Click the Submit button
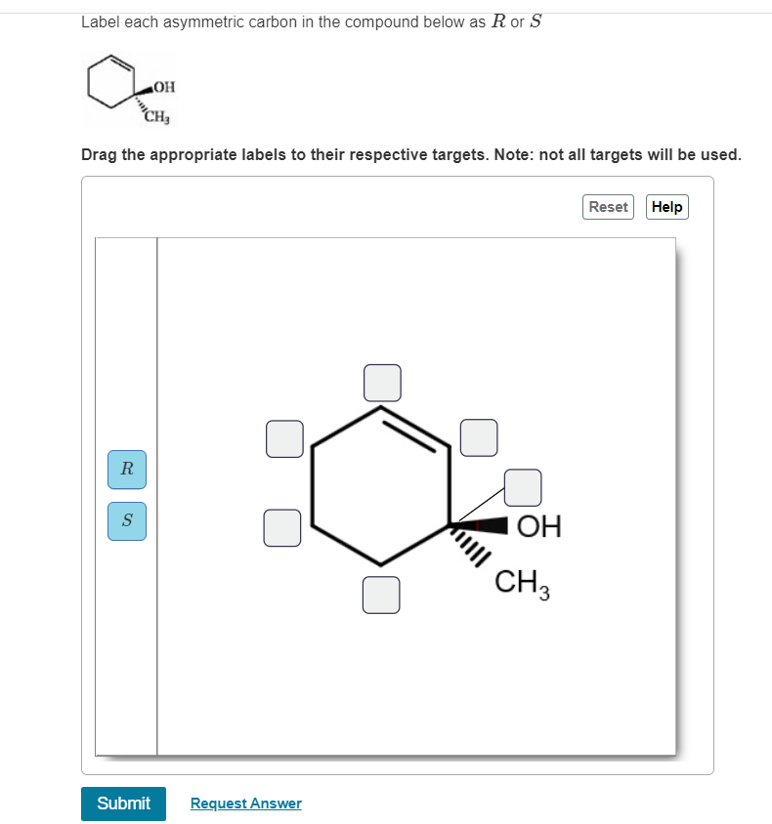coord(123,803)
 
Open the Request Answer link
coord(245,803)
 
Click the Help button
coord(667,207)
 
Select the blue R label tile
coord(127,469)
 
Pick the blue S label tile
coord(127,521)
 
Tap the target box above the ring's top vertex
coord(382,383)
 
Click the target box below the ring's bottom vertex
coord(381,596)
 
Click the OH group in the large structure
coord(538,527)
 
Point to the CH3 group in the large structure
coord(523,585)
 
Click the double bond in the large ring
coord(415,430)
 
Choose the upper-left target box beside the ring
coord(283,438)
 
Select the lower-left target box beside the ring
coord(281,527)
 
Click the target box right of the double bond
coord(479,437)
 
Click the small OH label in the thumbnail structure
coord(163,87)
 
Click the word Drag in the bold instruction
coord(99,154)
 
